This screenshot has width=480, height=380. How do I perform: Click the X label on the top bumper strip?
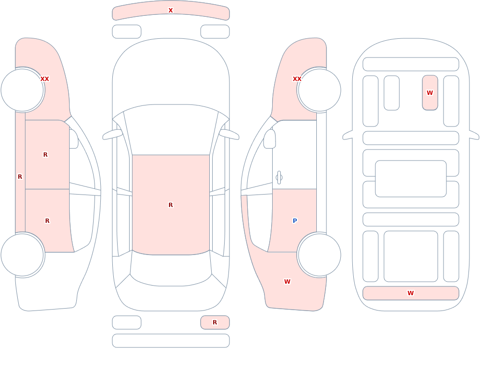(170, 11)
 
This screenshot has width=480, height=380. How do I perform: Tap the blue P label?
(295, 221)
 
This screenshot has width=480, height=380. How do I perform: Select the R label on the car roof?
(170, 205)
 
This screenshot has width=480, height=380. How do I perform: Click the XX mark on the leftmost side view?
(45, 79)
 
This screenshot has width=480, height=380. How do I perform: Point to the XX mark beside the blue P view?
(297, 79)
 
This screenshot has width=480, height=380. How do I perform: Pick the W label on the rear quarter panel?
(287, 282)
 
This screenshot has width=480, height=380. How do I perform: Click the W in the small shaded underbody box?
(430, 92)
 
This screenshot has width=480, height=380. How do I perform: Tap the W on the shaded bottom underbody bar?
(410, 293)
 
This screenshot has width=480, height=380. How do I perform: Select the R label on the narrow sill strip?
(20, 177)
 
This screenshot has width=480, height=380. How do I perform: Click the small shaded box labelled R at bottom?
(215, 322)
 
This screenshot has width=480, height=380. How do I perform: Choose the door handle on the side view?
(279, 178)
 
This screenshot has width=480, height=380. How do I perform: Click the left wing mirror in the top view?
(112, 134)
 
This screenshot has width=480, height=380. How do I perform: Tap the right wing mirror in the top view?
(229, 134)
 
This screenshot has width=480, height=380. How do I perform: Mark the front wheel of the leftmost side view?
(23, 90)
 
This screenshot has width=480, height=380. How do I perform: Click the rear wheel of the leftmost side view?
(23, 254)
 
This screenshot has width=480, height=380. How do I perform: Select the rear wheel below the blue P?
(319, 254)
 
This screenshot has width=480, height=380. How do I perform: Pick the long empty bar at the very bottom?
(171, 341)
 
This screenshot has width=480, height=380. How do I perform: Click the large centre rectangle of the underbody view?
(411, 179)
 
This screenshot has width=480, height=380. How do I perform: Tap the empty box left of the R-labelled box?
(127, 322)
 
